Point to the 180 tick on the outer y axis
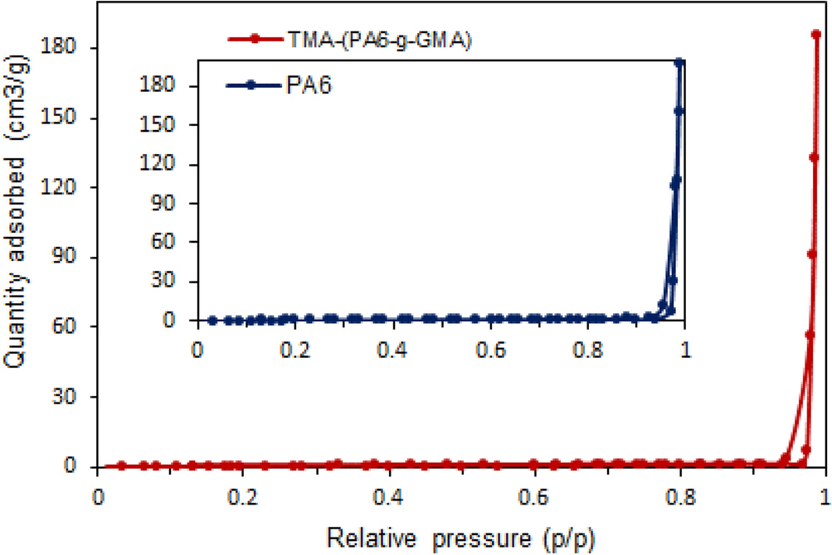point(65,48)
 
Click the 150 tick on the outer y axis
point(65,118)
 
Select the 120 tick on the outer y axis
point(65,188)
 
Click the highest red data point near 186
point(816,35)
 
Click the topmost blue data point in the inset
point(679,62)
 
